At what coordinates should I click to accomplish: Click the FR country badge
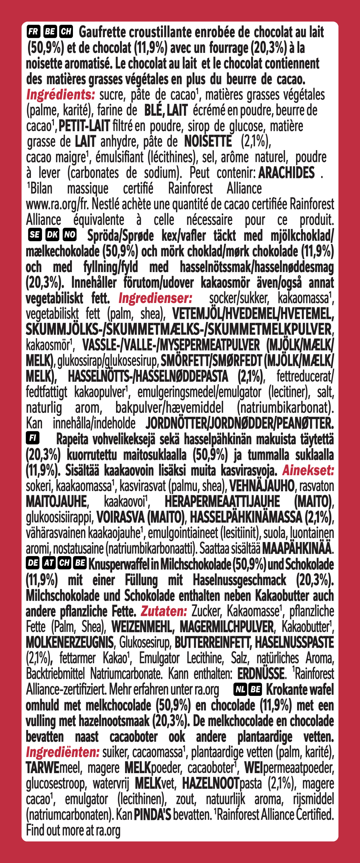pyautogui.click(x=33, y=32)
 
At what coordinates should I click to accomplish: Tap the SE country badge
pyautogui.click(x=34, y=235)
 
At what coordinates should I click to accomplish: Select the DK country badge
pyautogui.click(x=52, y=235)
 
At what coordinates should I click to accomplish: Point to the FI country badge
pyautogui.click(x=33, y=438)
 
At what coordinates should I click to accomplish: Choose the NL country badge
pyautogui.click(x=240, y=689)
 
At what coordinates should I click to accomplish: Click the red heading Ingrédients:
pyautogui.click(x=60, y=95)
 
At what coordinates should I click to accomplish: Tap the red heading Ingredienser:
pyautogui.click(x=155, y=298)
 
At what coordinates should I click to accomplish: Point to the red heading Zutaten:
pyautogui.click(x=163, y=611)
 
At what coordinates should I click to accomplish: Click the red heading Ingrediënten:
pyautogui.click(x=63, y=752)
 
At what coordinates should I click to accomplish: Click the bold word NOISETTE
pyautogui.click(x=208, y=141)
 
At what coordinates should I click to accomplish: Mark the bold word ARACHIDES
pyautogui.click(x=286, y=173)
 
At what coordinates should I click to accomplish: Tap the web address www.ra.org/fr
pyautogui.click(x=57, y=204)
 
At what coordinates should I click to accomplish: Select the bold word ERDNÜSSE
pyautogui.click(x=261, y=673)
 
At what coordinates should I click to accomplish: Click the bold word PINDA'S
pyautogui.click(x=152, y=814)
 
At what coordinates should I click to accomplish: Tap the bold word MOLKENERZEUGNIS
pyautogui.click(x=70, y=642)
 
